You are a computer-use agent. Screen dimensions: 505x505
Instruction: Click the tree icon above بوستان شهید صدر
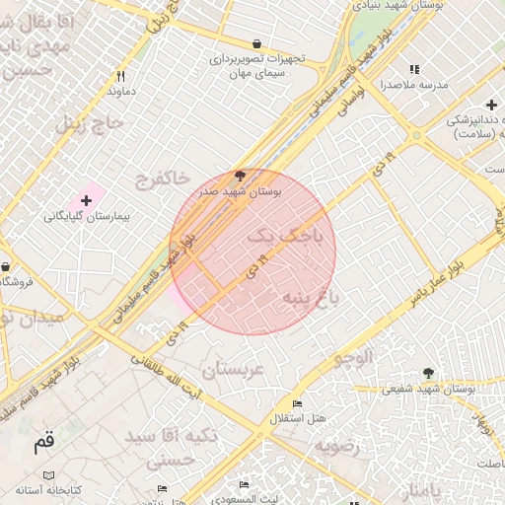click(240, 177)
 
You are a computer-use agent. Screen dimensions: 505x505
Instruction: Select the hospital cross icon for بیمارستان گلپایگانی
click(86, 200)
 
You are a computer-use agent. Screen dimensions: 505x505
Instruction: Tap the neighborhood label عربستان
click(234, 370)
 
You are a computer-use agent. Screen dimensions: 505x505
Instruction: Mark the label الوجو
click(352, 358)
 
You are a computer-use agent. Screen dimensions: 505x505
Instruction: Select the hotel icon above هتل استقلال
click(297, 403)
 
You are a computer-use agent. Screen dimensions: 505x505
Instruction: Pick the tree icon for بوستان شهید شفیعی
click(428, 373)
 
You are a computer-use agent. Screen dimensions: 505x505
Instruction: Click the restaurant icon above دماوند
click(120, 76)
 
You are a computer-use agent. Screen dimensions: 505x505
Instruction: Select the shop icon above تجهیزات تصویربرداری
click(257, 43)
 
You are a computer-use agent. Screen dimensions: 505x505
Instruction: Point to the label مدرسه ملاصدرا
click(414, 85)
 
